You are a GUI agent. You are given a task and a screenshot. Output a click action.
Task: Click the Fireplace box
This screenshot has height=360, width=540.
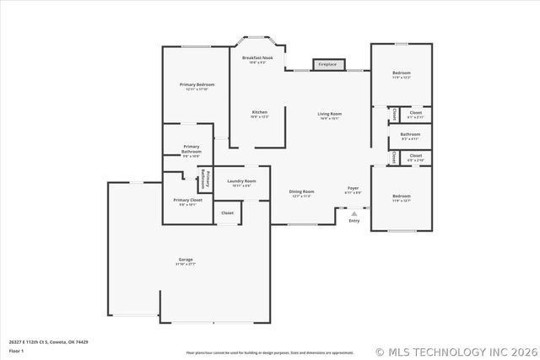pyautogui.click(x=326, y=64)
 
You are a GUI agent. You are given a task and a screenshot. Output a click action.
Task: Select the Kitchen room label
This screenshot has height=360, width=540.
pyautogui.click(x=259, y=113)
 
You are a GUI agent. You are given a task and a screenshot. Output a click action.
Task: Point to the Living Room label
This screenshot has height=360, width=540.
pyautogui.click(x=329, y=114)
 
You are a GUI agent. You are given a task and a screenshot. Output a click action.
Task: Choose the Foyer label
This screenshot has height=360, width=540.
pyautogui.click(x=354, y=189)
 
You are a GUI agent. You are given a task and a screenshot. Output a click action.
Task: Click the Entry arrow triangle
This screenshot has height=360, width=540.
pyautogui.click(x=354, y=213)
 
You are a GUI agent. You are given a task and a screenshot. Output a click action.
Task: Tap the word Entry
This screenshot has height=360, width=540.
pyautogui.click(x=354, y=221)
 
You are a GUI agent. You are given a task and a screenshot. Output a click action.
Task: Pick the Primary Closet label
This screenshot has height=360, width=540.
pyautogui.click(x=185, y=201)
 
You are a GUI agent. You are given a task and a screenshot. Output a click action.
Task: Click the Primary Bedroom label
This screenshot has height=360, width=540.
pyautogui.click(x=197, y=85)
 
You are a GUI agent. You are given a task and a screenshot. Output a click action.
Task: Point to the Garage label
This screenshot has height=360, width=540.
pyautogui.click(x=185, y=260)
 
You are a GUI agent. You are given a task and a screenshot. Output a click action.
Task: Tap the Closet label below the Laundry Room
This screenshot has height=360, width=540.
pyautogui.click(x=228, y=212)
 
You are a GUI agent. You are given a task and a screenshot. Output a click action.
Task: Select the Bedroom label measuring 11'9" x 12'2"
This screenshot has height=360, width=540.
pyautogui.click(x=402, y=74)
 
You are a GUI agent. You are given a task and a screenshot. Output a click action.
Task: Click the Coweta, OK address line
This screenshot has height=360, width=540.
pyautogui.click(x=49, y=341)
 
